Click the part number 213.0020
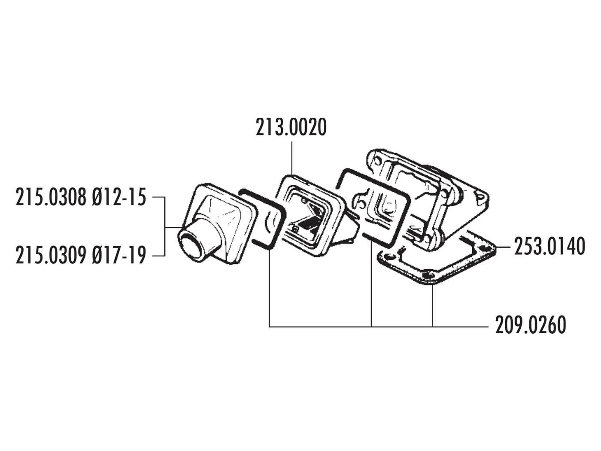click(x=291, y=128)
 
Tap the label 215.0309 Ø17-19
click(x=81, y=256)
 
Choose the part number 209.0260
click(x=531, y=325)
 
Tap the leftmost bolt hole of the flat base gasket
click(x=389, y=256)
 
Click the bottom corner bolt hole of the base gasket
click(x=426, y=276)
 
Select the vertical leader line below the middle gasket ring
click(x=371, y=283)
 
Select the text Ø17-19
click(x=119, y=256)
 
